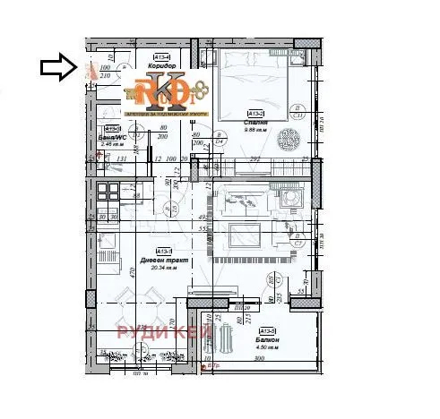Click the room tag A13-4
[162, 56]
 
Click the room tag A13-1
[163, 250]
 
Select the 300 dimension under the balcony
[259, 359]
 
